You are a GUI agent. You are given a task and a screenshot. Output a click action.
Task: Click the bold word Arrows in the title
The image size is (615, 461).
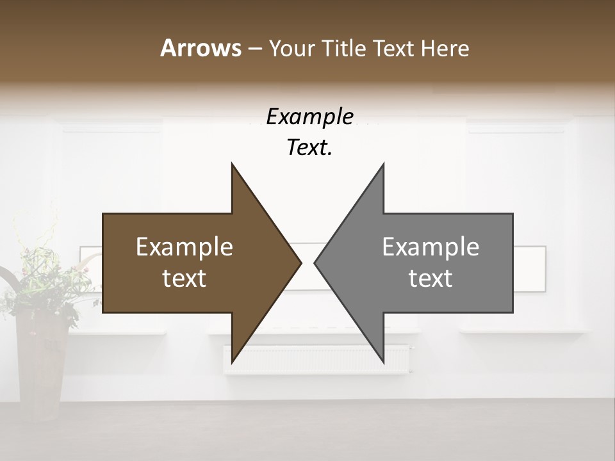(x=201, y=48)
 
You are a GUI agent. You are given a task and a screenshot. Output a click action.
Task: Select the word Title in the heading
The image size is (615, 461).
(x=344, y=48)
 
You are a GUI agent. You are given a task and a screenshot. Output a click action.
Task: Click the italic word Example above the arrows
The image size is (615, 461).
(x=309, y=117)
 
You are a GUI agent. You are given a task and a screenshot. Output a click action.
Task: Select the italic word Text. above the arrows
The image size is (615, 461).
(x=309, y=148)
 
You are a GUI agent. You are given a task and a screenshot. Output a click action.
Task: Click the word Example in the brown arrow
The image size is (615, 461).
(x=184, y=247)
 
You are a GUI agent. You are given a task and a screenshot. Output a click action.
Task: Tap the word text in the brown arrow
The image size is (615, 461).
(x=184, y=279)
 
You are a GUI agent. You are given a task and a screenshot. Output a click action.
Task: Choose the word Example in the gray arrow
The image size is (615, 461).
(x=430, y=247)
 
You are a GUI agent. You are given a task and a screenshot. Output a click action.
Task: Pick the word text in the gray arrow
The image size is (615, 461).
(x=430, y=279)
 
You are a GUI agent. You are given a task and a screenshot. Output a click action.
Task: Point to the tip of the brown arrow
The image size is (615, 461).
(x=300, y=263)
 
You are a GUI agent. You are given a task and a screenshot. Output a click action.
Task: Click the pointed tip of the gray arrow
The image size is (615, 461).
(x=315, y=263)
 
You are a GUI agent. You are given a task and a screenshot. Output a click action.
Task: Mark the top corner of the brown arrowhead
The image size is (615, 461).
(x=232, y=165)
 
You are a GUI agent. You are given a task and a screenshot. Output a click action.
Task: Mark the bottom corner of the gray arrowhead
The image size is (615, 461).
(x=384, y=362)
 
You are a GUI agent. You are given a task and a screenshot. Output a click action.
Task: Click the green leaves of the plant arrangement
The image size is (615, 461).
(x=35, y=282)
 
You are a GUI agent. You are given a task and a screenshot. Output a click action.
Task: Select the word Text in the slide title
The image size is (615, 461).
(x=393, y=48)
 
